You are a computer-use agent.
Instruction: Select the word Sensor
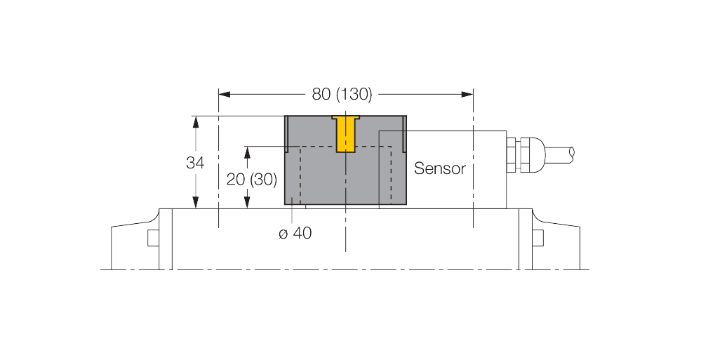click(439, 168)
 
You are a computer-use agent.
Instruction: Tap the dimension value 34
click(195, 163)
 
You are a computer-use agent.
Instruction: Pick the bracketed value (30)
click(265, 179)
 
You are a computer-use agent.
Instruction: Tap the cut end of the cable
click(573, 152)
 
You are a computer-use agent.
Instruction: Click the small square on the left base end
click(153, 238)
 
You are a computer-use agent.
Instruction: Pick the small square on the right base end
click(538, 238)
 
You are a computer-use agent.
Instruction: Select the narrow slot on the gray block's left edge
click(286, 134)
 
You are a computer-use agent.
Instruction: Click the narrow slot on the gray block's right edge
click(405, 134)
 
